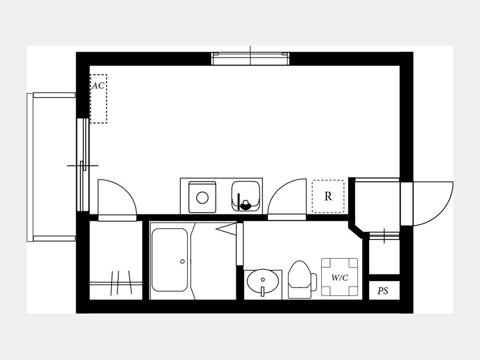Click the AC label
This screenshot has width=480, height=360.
[x=98, y=86]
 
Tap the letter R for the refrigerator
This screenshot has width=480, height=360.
[x=328, y=196]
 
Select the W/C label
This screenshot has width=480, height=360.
[x=340, y=278]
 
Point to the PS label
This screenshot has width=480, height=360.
[x=383, y=291]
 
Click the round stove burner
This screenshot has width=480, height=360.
[x=202, y=198]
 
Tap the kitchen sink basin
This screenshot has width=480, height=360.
[x=246, y=196]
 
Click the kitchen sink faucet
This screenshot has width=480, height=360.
[x=245, y=204]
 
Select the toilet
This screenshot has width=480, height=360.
[x=302, y=279]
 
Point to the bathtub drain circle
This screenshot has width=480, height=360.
[x=182, y=261]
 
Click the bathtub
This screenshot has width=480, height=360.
[x=170, y=260]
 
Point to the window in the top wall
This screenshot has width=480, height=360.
[x=251, y=59]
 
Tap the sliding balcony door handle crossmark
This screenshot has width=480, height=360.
[x=83, y=166]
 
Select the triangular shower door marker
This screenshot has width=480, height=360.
[x=226, y=229]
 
